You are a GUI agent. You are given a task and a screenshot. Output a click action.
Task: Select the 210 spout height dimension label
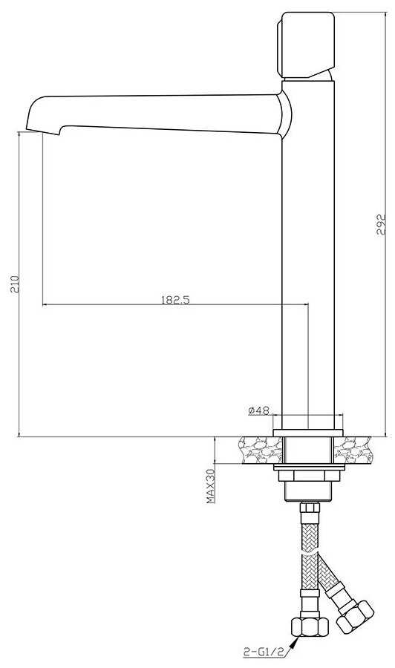tap(16, 284)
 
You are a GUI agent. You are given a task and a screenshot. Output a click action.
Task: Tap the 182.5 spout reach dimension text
tap(175, 300)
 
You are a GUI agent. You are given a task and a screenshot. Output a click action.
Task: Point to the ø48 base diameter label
tap(258, 410)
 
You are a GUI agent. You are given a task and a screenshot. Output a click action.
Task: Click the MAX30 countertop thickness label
tap(211, 486)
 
